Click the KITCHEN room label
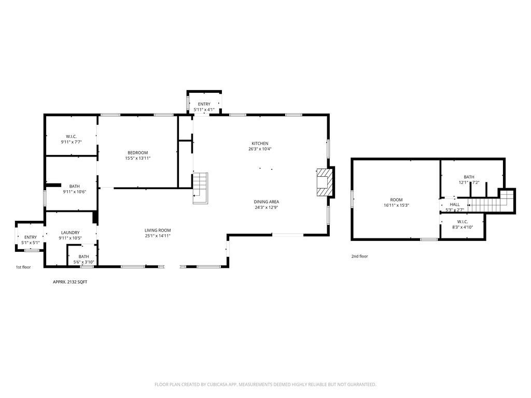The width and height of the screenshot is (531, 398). click(260, 144)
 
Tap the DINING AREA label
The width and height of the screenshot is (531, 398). click(266, 202)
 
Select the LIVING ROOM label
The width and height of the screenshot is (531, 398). click(158, 230)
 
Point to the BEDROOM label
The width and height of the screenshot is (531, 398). click(137, 152)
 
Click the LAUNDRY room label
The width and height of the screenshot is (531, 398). click(70, 233)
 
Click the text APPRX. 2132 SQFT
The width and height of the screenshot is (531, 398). click(70, 281)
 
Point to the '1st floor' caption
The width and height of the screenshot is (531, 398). click(23, 267)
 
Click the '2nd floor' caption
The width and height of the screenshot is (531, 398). click(359, 256)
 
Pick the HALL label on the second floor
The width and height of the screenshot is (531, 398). click(455, 205)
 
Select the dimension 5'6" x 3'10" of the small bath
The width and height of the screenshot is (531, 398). click(83, 262)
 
